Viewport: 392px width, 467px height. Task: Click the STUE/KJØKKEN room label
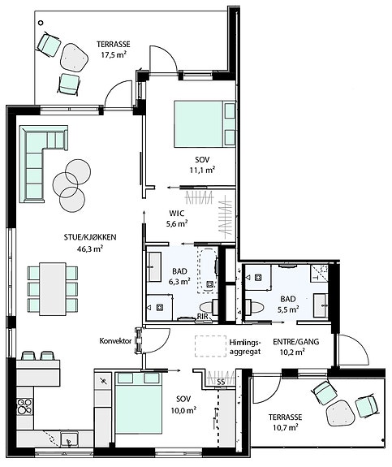pos(90,237)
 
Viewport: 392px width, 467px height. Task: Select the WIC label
pos(177,214)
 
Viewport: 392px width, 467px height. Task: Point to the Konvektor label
pos(115,341)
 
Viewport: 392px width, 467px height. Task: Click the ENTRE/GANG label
pos(296,342)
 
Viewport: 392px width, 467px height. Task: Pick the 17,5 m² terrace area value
pos(113,54)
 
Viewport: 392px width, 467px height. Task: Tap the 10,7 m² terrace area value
pos(286,428)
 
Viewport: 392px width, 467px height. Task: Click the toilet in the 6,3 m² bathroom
pos(208,306)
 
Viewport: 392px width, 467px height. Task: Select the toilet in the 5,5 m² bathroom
pos(255,306)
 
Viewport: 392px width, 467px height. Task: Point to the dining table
pos(53,288)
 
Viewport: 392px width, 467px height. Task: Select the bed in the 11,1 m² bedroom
pos(205,123)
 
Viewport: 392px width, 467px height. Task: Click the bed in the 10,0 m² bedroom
pos(139,402)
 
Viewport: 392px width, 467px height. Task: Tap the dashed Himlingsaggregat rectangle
pos(211,346)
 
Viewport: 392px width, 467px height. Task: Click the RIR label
pos(203,317)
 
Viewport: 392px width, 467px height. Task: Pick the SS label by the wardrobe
pos(221,383)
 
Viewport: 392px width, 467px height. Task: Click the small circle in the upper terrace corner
pos(41,23)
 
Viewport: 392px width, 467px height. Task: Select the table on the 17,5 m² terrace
pos(74,58)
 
